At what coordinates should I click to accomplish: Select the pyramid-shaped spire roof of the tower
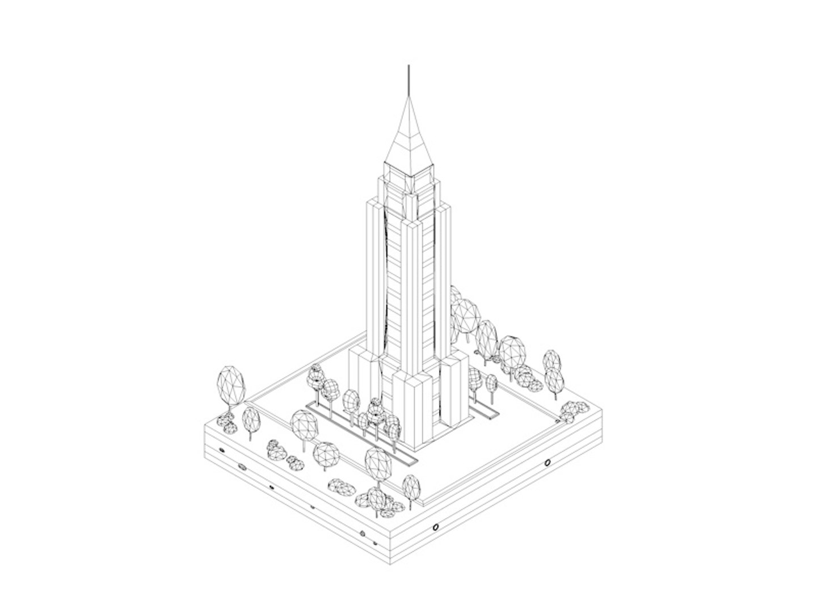pos(407,136)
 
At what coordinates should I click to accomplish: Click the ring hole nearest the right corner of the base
pos(547,463)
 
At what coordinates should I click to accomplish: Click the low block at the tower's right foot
pos(455,392)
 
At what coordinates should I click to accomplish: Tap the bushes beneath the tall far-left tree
pos(228,422)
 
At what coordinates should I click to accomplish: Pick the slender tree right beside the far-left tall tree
pos(251,421)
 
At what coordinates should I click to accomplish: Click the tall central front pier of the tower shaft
pos(413,295)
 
